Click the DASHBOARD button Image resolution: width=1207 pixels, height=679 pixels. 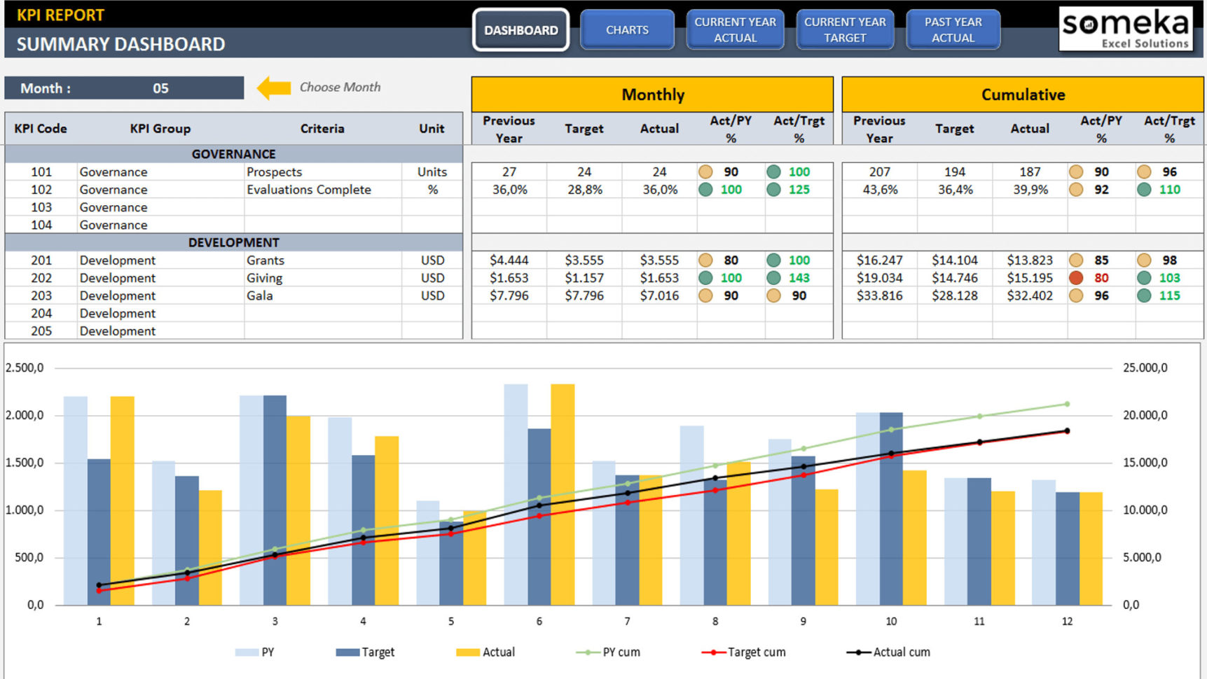[x=520, y=30]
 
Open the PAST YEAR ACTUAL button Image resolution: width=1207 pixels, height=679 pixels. [x=953, y=30]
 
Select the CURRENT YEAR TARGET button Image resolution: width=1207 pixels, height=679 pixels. [x=845, y=30]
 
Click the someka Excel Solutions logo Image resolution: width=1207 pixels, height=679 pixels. [x=1125, y=29]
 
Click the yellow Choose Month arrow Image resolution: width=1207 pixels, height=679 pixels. [x=274, y=87]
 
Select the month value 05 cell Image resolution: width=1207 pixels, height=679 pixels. [x=160, y=88]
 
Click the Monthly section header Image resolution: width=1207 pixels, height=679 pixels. [x=652, y=94]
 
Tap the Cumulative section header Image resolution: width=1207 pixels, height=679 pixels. [x=1022, y=94]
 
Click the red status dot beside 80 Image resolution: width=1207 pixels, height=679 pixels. [x=1076, y=278]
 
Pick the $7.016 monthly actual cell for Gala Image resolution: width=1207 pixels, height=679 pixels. [x=658, y=295]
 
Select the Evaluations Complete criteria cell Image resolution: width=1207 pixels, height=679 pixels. [x=309, y=190]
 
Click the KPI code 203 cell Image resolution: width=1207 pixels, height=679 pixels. [x=41, y=295]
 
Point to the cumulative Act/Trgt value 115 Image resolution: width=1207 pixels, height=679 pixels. [x=1169, y=295]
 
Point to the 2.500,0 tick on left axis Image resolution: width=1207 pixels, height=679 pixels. [x=25, y=368]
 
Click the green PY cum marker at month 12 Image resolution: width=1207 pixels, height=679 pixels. [x=1067, y=404]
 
